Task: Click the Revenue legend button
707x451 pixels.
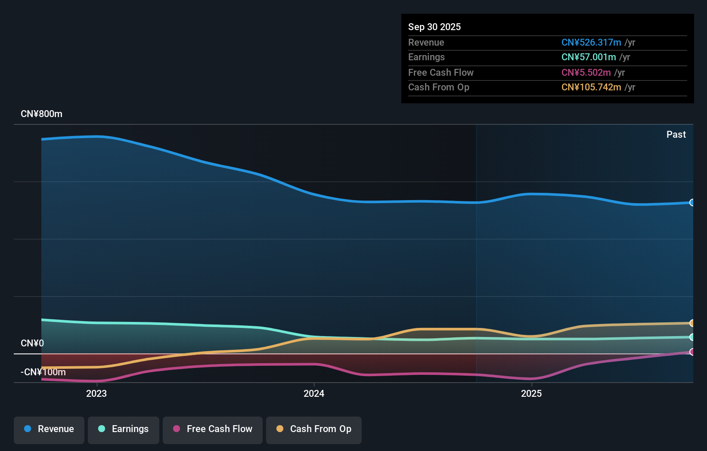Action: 49,429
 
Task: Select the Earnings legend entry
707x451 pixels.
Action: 124,429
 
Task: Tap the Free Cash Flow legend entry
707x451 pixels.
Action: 213,429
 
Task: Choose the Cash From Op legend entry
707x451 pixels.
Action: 314,429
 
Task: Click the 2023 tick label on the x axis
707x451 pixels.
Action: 96,394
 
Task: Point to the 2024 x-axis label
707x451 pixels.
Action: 314,394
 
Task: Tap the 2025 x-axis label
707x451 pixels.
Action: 531,394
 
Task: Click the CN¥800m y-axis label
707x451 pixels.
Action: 42,114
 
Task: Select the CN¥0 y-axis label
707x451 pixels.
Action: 32,343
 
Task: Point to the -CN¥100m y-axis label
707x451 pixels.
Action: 43,372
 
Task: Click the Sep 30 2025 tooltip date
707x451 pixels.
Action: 434,27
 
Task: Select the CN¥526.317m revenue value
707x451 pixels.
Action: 591,43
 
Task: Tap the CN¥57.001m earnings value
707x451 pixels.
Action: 589,57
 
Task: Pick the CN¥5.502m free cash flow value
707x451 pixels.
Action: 586,73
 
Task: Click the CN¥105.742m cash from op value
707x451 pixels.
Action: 591,87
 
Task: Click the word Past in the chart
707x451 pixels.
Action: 676,135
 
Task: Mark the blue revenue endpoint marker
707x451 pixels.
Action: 692,203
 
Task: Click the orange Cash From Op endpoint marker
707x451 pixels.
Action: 692,323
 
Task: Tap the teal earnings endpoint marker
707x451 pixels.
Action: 692,337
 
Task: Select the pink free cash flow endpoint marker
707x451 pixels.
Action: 692,352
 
